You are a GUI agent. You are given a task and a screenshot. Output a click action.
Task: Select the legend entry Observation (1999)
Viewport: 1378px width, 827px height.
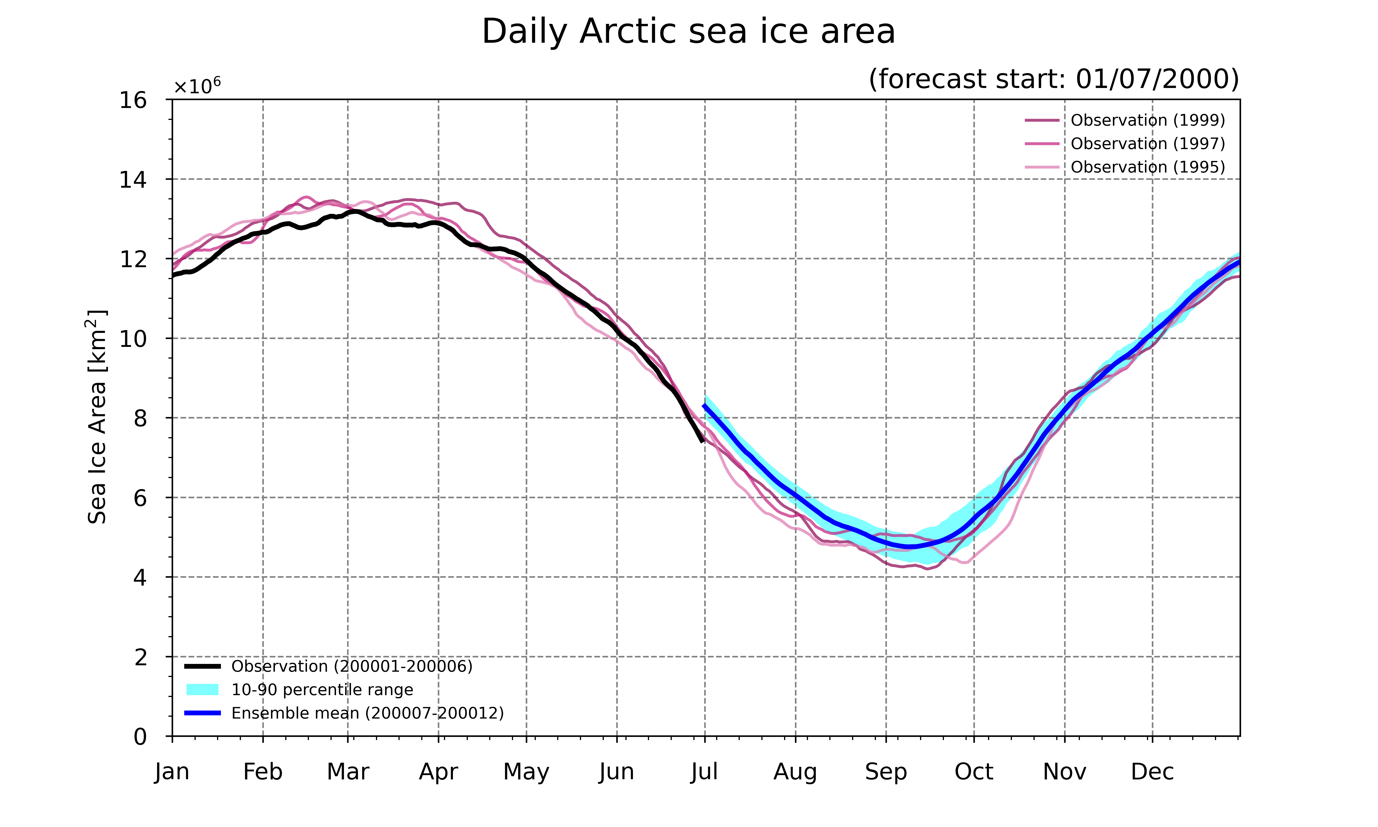coord(1125,120)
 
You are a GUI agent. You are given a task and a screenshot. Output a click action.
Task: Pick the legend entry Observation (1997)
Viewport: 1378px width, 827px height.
coord(1125,144)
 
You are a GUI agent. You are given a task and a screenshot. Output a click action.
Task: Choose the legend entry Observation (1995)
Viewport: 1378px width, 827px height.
coord(1125,167)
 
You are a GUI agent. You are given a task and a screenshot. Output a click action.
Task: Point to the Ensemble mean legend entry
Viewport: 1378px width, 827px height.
coord(344,713)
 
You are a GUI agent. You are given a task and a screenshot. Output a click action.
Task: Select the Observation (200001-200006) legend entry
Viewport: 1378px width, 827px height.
coord(329,666)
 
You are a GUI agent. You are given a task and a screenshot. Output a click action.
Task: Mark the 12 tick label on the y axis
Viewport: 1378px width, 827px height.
coord(133,259)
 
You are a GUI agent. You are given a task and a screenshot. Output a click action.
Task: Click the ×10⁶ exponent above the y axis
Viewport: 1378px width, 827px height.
coord(197,86)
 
